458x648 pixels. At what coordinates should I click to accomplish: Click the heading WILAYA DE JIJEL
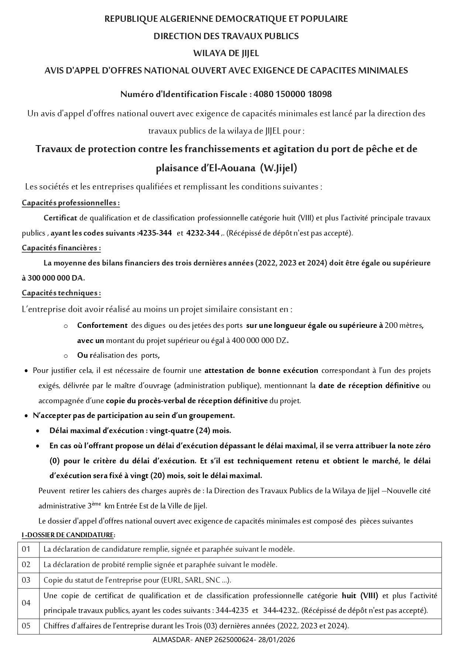226,53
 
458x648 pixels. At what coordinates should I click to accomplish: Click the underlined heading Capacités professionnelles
70,203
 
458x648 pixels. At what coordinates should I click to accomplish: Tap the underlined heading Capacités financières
61,248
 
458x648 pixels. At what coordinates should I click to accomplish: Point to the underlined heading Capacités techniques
61,293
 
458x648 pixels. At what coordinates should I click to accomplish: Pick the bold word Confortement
102,325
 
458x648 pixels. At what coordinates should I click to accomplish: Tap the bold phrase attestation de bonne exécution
261,370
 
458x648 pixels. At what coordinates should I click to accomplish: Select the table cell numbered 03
26,580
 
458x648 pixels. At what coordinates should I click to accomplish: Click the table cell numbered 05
26,626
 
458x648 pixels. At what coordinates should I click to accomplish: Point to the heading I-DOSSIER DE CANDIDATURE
68,535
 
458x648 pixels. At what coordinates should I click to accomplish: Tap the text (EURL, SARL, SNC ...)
196,580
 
